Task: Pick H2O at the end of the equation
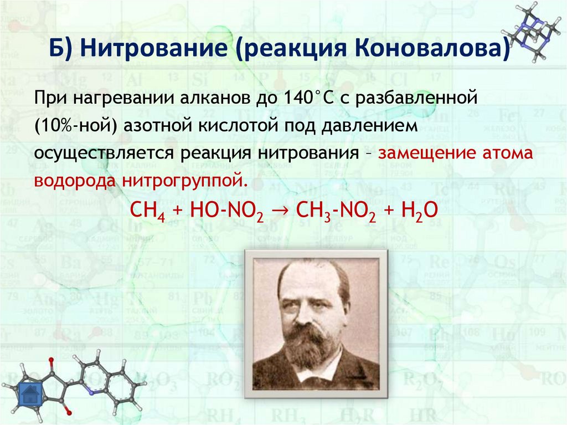click(x=411, y=211)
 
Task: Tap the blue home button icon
click(x=30, y=395)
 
